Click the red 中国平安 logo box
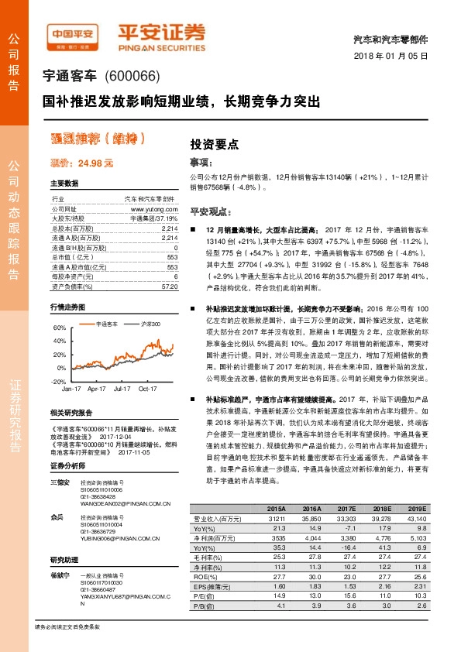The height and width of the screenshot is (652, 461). tap(73, 34)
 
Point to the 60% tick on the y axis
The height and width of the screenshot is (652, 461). tap(59, 328)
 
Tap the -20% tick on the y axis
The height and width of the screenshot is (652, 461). tap(57, 382)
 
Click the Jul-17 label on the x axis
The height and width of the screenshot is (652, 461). tap(122, 392)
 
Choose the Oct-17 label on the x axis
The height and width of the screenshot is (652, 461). tap(147, 392)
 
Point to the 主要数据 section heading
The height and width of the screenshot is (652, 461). tap(64, 184)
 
